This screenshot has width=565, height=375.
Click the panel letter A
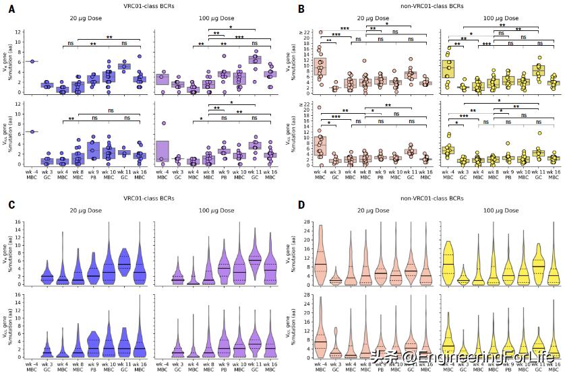pyautogui.click(x=11, y=9)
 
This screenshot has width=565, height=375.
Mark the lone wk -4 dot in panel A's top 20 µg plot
pyautogui.click(x=32, y=61)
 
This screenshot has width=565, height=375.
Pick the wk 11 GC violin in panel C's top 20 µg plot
pyautogui.click(x=123, y=257)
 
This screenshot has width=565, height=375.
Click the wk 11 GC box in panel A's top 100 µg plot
pyautogui.click(x=254, y=59)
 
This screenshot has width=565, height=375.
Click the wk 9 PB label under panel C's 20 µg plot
pyautogui.click(x=93, y=367)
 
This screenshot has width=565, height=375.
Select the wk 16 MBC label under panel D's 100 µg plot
pyautogui.click(x=554, y=367)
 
